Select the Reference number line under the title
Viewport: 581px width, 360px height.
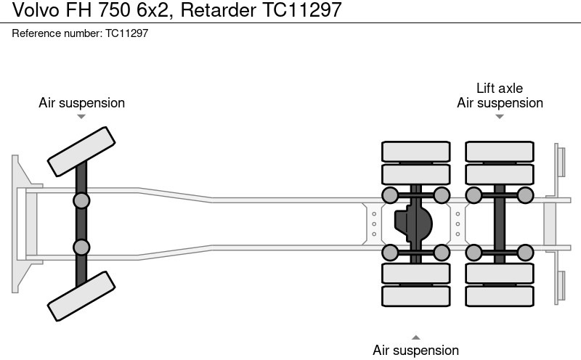[80, 33]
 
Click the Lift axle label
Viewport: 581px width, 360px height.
[499, 89]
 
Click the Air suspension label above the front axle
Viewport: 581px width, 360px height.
[81, 103]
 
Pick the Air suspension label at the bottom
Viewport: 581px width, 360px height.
[415, 351]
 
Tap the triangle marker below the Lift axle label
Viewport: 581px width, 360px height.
[499, 116]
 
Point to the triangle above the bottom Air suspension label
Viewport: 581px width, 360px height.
[415, 337]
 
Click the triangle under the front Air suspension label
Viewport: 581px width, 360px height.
[81, 116]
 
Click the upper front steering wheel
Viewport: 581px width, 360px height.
[81, 151]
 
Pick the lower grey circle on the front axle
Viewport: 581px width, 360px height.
[81, 247]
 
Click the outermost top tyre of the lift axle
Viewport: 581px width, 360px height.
[500, 151]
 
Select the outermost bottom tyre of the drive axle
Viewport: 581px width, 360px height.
[415, 296]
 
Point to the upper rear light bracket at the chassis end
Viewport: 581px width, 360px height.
[560, 160]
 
